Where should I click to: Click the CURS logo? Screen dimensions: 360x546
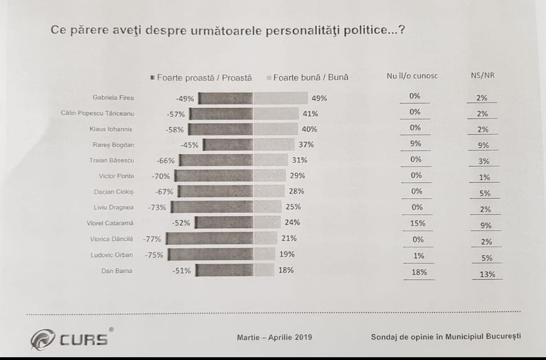point(69,340)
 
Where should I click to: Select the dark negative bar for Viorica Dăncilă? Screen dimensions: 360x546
point(209,239)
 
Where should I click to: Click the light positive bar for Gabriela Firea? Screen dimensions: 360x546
point(280,98)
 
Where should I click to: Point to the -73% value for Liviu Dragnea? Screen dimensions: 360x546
point(157,207)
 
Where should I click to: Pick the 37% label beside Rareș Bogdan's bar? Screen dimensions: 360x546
point(306,144)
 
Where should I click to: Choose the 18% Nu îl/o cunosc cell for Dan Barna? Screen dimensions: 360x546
point(416,272)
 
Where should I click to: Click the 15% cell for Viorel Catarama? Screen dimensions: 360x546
point(416,223)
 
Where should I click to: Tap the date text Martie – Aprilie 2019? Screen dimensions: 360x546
point(274,337)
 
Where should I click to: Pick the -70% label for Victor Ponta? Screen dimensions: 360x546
point(160,176)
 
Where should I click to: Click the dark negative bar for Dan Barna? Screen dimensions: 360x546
point(224,270)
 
